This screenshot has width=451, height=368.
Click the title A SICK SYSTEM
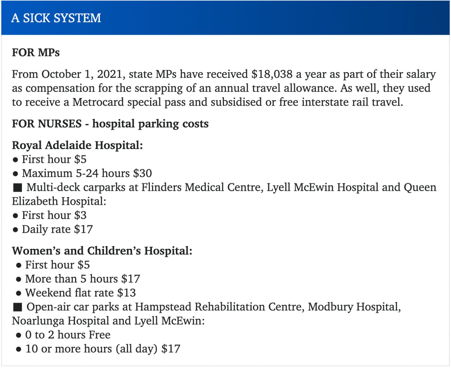pyautogui.click(x=56, y=18)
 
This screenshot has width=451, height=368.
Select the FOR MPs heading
pyautogui.click(x=36, y=52)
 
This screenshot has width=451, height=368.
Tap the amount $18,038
pyautogui.click(x=272, y=74)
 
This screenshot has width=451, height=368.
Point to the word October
pyautogui.click(x=61, y=74)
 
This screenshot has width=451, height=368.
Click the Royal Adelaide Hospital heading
pyautogui.click(x=77, y=145)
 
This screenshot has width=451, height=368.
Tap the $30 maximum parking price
pyautogui.click(x=142, y=173)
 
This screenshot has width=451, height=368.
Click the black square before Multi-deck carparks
pyautogui.click(x=18, y=187)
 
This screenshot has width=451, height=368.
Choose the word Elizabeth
pyautogui.click(x=35, y=201)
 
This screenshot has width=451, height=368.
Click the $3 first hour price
pyautogui.click(x=81, y=215)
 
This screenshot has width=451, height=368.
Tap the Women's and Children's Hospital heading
pyautogui.click(x=102, y=250)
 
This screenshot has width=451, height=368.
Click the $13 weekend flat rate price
pyautogui.click(x=127, y=293)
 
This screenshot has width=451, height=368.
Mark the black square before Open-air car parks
pyautogui.click(x=18, y=307)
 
